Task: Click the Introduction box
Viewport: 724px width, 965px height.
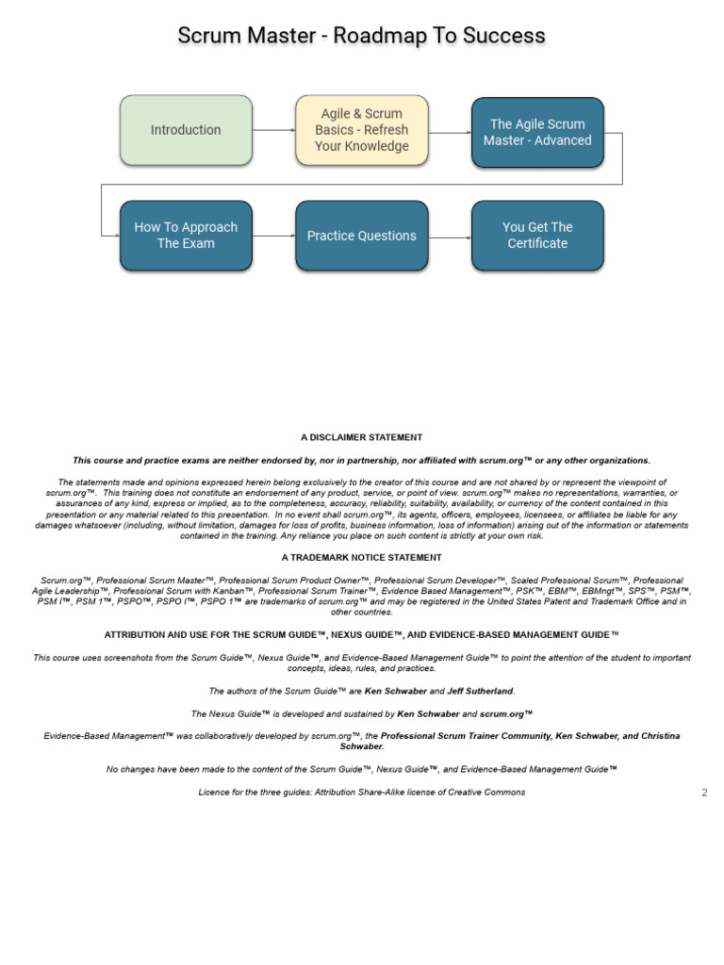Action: point(186,130)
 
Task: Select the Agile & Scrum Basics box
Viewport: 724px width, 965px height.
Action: point(362,130)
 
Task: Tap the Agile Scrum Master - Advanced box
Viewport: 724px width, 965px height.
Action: point(537,132)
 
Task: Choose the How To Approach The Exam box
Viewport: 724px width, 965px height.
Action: point(186,236)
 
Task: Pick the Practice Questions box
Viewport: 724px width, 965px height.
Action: point(362,236)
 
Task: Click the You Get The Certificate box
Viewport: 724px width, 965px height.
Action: point(537,236)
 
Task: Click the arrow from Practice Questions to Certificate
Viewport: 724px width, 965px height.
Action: point(450,236)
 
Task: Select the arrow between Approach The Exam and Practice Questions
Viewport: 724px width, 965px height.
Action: point(273,236)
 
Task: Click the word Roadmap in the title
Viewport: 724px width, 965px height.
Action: point(390,36)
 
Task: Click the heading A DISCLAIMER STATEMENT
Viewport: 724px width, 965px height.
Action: point(362,437)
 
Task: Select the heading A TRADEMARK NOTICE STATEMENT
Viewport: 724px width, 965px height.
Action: point(362,558)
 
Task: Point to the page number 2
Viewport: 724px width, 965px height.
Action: point(704,793)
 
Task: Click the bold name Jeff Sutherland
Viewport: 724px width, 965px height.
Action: point(481,691)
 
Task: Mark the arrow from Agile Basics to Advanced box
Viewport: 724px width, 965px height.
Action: point(450,132)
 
